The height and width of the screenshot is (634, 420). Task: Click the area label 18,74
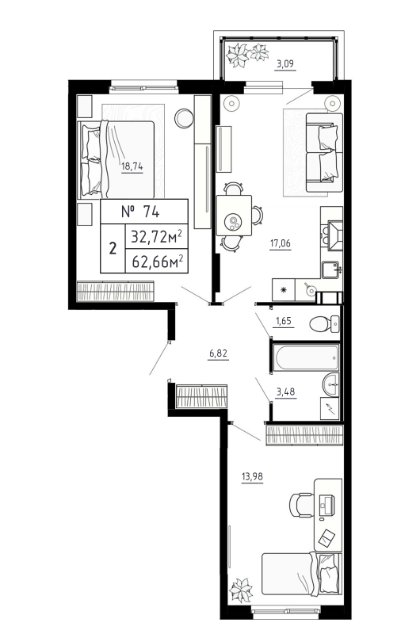pos(132,166)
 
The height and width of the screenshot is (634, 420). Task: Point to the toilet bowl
pos(321,323)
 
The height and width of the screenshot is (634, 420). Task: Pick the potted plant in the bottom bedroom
pos(239,590)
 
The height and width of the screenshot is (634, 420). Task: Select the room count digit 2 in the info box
pos(112,248)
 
